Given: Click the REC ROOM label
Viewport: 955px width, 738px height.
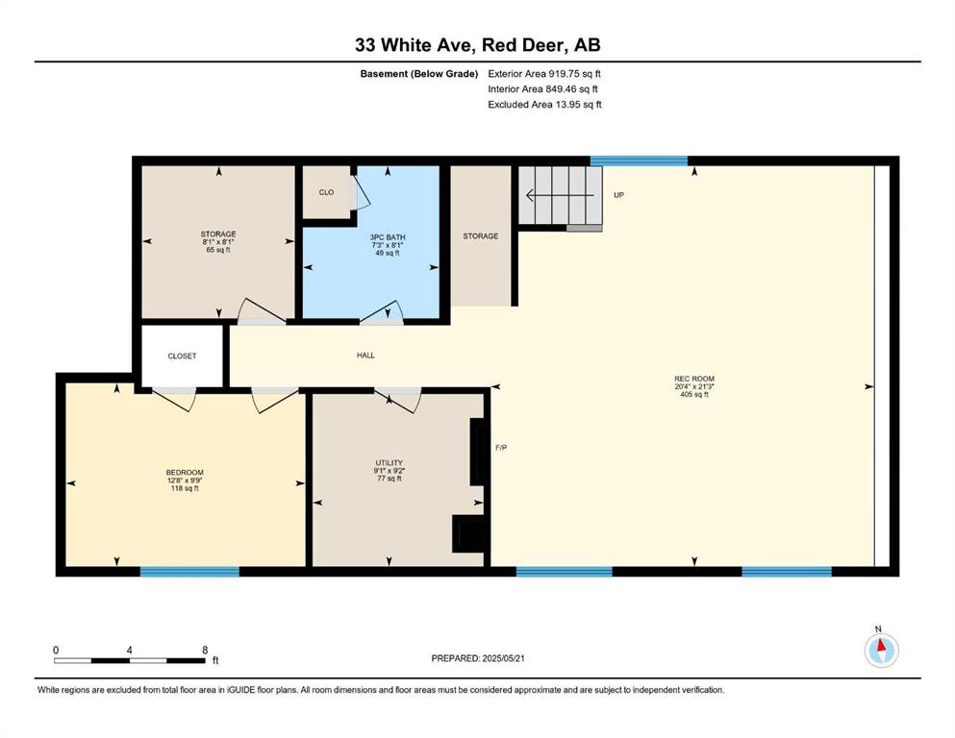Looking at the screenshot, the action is [x=694, y=379].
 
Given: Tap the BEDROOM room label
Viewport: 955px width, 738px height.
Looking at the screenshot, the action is [x=185, y=472].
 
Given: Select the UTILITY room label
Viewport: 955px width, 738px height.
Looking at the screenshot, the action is [x=390, y=463].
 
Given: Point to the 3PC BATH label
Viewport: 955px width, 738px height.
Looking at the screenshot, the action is [x=388, y=237].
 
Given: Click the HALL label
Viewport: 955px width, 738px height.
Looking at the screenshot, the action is [x=365, y=356].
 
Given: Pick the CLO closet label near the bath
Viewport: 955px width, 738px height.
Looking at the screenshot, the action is [x=326, y=192].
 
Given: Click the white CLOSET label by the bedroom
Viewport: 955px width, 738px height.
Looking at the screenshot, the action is [x=182, y=356].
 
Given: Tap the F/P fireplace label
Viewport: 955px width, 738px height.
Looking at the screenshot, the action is [x=501, y=448].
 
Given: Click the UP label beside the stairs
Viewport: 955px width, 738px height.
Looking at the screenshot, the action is [x=618, y=195].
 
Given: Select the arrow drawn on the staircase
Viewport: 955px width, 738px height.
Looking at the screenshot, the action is [x=560, y=195].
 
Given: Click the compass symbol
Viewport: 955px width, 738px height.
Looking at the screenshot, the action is [x=881, y=650].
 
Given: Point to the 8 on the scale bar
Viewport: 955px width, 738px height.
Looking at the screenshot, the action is [x=205, y=650].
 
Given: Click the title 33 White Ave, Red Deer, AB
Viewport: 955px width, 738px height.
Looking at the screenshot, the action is [x=477, y=45].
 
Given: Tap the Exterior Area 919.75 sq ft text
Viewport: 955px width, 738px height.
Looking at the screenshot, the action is [x=544, y=74].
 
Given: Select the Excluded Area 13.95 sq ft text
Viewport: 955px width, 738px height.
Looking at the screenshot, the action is [x=544, y=105].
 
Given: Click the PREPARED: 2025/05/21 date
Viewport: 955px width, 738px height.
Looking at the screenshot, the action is [x=477, y=658].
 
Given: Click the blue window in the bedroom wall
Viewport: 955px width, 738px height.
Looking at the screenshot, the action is [x=190, y=572].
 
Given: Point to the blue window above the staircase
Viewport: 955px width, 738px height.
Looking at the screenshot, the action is [x=639, y=160].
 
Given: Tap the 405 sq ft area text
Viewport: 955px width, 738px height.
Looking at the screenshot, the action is [x=694, y=394].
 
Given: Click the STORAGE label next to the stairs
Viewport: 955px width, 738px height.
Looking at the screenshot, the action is [x=481, y=236].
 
